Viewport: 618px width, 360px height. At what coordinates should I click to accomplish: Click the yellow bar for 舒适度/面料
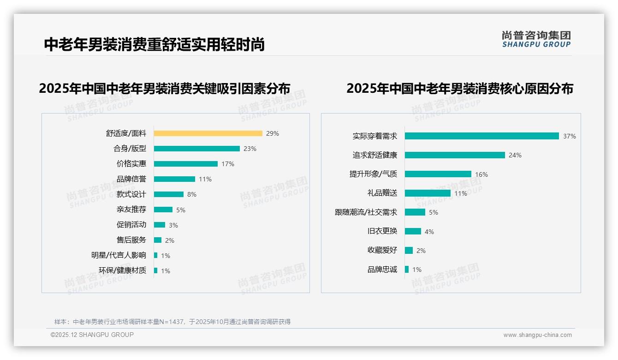[x=208, y=133]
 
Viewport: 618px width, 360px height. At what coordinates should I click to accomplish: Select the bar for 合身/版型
[x=197, y=149]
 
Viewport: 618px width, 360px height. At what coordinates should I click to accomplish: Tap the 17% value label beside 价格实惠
[x=228, y=164]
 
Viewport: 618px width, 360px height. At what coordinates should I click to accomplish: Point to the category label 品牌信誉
[x=131, y=179]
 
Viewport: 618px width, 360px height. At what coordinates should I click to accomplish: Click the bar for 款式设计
[x=169, y=194]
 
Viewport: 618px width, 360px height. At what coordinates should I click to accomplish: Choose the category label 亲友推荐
[x=131, y=210]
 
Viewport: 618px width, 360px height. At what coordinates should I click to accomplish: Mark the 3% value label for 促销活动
[x=173, y=225]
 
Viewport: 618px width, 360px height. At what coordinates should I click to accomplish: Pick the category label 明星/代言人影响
[x=119, y=255]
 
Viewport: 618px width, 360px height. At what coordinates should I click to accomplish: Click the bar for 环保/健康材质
[x=156, y=270]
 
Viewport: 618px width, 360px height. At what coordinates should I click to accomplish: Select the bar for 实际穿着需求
[x=482, y=136]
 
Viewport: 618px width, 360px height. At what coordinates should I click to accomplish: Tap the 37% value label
[x=569, y=136]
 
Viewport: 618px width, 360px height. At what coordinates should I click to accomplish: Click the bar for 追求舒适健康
[x=455, y=155]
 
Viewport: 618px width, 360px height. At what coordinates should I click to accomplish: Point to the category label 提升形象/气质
[x=373, y=174]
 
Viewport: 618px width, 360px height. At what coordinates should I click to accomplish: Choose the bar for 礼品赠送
[x=428, y=193]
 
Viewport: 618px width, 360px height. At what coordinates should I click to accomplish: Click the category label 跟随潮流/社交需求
[x=366, y=212]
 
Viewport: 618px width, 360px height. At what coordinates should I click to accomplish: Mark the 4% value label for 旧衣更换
[x=429, y=232]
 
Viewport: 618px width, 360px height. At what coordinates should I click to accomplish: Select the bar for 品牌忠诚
[x=407, y=270]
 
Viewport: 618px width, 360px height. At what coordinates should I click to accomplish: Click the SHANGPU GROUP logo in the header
[x=536, y=39]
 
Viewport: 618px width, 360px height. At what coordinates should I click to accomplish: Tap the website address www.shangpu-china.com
[x=537, y=335]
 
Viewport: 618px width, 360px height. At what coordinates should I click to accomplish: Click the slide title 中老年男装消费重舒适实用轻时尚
[x=154, y=44]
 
